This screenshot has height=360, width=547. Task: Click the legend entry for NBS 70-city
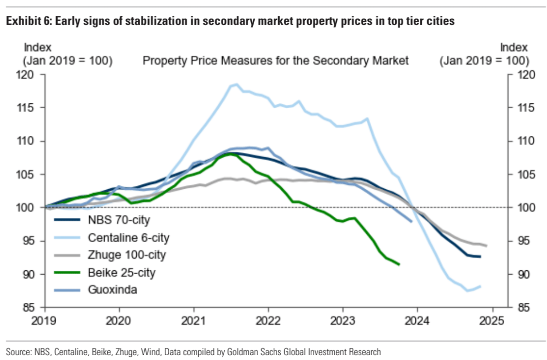pyautogui.click(x=119, y=220)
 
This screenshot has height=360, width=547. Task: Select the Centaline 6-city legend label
pyautogui.click(x=128, y=237)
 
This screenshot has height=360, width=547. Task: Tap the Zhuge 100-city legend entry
pyautogui.click(x=127, y=255)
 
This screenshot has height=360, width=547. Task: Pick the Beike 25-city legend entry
pyautogui.click(x=121, y=272)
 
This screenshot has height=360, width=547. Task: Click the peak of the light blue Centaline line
pyautogui.click(x=236, y=84)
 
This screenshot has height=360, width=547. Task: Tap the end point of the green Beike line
pyautogui.click(x=399, y=264)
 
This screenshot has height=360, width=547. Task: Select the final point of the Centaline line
pyautogui.click(x=481, y=286)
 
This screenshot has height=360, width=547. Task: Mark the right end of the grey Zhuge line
pyautogui.click(x=486, y=246)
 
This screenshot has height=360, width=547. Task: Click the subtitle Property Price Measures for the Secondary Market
pyautogui.click(x=275, y=60)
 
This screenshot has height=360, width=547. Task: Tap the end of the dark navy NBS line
pyautogui.click(x=480, y=257)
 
